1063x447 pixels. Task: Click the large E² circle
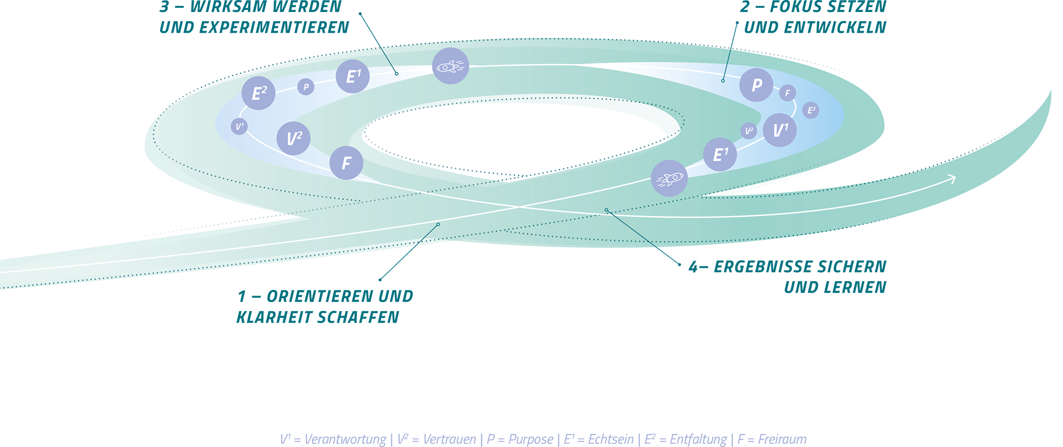(x=258, y=93)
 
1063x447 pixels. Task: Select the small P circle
(x=306, y=87)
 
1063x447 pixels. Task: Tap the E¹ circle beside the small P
(x=352, y=76)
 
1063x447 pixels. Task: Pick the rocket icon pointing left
(x=451, y=66)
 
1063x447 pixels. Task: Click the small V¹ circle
(x=239, y=126)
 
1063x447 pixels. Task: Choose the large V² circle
(x=294, y=138)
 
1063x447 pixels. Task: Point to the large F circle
(x=346, y=163)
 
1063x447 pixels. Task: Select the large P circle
(x=756, y=85)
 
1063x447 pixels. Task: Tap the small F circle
(x=787, y=93)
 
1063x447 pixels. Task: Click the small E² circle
(x=811, y=110)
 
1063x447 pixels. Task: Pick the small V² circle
(x=749, y=131)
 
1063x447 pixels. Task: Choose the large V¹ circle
(x=780, y=130)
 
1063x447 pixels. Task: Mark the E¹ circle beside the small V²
(x=720, y=155)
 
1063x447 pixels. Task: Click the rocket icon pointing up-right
(x=670, y=178)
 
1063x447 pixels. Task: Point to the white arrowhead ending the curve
(x=952, y=179)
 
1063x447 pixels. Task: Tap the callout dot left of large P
(x=723, y=81)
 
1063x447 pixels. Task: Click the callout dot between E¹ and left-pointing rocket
(x=397, y=74)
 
